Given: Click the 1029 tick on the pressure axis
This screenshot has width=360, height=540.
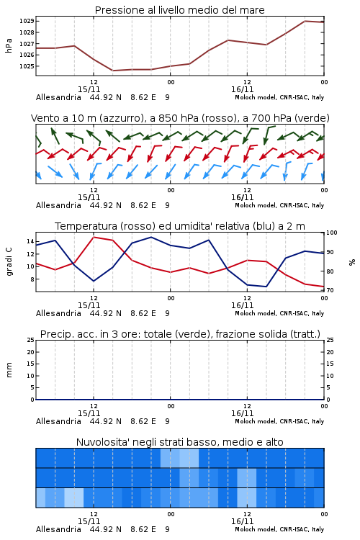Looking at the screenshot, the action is (x=27, y=21).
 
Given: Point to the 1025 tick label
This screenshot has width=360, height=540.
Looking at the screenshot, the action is (x=27, y=66).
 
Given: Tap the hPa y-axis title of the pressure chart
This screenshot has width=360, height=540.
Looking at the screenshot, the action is (x=9, y=45).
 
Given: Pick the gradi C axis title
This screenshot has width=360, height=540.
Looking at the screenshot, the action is (x=9, y=262).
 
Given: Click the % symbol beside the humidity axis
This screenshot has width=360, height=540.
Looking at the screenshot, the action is (x=352, y=262).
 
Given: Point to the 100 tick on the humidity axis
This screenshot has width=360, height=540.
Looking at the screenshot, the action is (x=332, y=233).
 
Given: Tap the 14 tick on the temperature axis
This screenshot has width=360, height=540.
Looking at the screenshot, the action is (x=30, y=241).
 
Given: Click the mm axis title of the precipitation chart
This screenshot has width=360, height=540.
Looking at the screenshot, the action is (x=9, y=370).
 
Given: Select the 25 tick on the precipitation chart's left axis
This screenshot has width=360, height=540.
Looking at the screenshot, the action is (x=30, y=340).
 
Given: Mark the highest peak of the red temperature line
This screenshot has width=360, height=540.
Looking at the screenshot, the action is (x=94, y=237).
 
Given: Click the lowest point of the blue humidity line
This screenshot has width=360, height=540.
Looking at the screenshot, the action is (x=266, y=287).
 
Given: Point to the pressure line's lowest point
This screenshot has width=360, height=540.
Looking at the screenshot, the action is (x=112, y=71).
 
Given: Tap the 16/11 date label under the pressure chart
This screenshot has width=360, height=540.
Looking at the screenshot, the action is (x=242, y=89).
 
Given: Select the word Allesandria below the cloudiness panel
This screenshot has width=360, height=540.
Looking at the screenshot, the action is (x=58, y=529).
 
